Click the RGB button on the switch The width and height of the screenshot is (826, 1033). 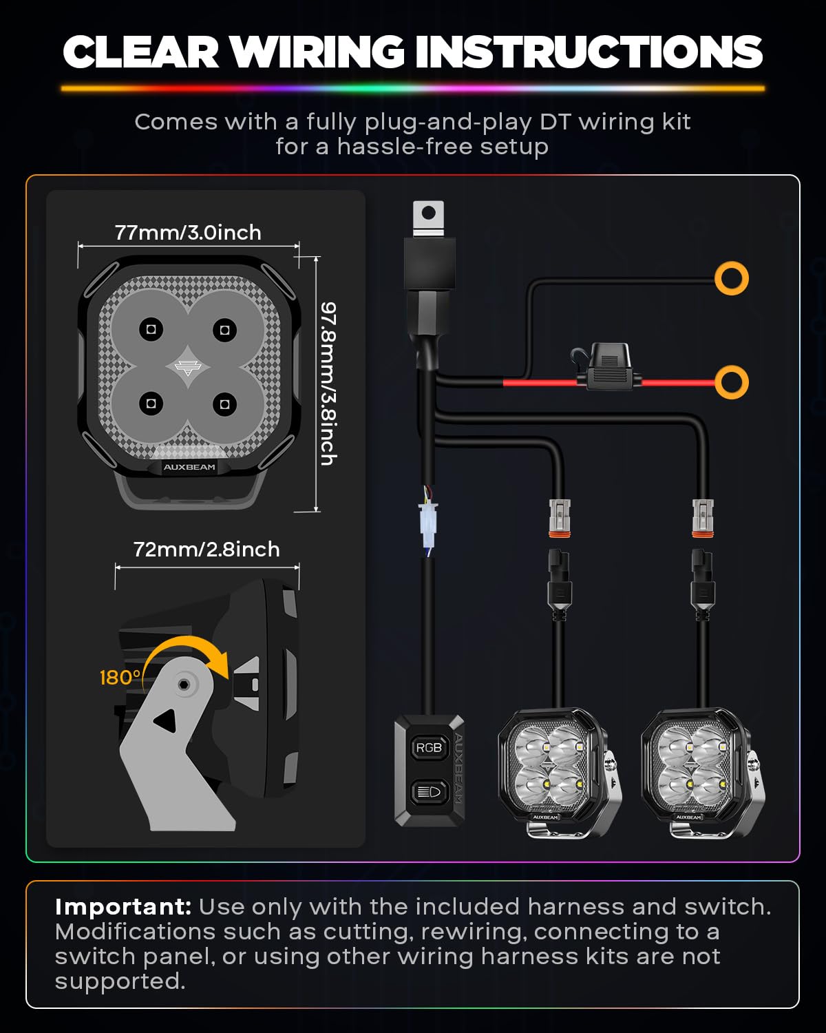pyautogui.click(x=429, y=747)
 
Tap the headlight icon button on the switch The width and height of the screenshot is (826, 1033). pyautogui.click(x=429, y=791)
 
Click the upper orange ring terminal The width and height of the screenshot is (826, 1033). pyautogui.click(x=731, y=278)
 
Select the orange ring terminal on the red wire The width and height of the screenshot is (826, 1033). pyautogui.click(x=731, y=382)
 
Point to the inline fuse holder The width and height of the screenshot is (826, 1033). pyautogui.click(x=608, y=367)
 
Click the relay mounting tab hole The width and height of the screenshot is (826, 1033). pyautogui.click(x=428, y=212)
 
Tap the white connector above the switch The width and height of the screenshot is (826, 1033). pyautogui.click(x=428, y=523)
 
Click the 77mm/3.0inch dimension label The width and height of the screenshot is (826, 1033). pyautogui.click(x=188, y=233)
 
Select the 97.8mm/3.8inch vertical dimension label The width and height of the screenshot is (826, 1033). pyautogui.click(x=328, y=384)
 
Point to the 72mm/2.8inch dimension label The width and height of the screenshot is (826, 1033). pyautogui.click(x=206, y=550)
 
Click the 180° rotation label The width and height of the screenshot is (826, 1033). pyautogui.click(x=120, y=678)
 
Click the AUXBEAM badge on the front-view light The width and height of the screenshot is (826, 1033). pyautogui.click(x=189, y=467)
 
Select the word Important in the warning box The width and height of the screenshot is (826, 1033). pyautogui.click(x=123, y=907)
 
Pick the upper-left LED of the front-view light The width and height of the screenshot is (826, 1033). pyautogui.click(x=151, y=329)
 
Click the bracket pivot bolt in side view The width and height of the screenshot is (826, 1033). pyautogui.click(x=183, y=685)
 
